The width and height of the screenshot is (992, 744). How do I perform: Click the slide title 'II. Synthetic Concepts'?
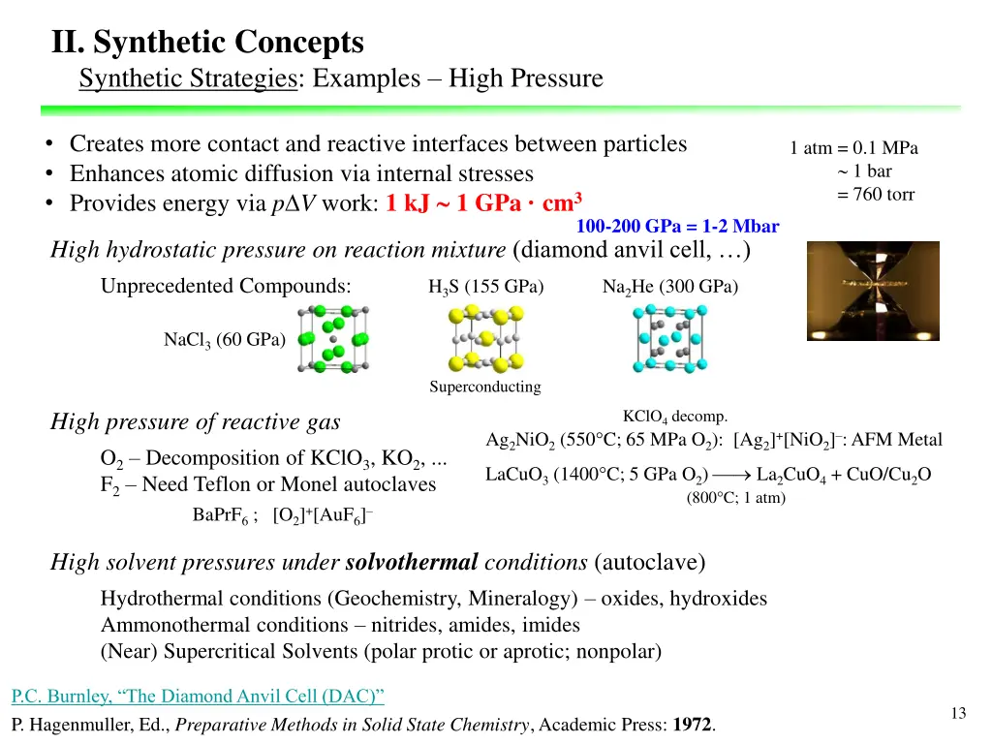(x=207, y=43)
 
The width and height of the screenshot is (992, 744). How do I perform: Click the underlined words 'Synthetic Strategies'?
(x=189, y=78)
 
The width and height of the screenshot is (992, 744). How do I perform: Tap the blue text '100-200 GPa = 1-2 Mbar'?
(x=677, y=227)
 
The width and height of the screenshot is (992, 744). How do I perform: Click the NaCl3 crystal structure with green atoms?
(x=333, y=339)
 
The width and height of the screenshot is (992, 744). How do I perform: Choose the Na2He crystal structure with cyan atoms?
(x=668, y=339)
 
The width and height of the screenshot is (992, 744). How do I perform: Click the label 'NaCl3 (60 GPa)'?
(x=224, y=339)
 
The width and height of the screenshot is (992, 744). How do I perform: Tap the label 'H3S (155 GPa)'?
(x=485, y=287)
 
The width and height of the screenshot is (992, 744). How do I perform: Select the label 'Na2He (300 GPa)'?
(x=669, y=287)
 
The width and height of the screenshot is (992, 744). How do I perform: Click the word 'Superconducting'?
(x=485, y=387)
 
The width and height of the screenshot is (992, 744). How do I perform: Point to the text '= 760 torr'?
(x=876, y=195)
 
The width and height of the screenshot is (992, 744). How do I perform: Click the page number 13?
(x=958, y=714)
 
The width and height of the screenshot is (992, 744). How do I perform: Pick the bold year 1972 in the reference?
(x=692, y=725)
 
